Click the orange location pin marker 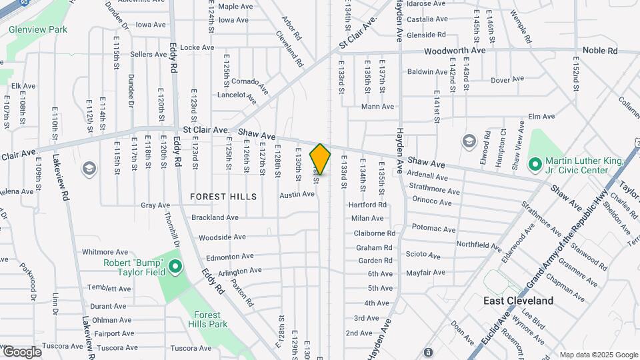(x=320, y=159)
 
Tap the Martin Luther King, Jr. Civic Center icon (x=534, y=163)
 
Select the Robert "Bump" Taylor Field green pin (x=175, y=268)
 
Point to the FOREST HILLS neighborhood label (x=223, y=197)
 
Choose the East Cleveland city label (x=518, y=301)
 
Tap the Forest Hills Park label (x=211, y=319)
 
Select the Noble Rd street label (x=600, y=51)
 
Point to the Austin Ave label (x=297, y=195)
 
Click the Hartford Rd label (x=367, y=205)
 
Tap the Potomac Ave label (x=433, y=229)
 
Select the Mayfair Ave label (x=425, y=273)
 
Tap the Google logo (x=22, y=351)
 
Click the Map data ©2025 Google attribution (x=598, y=355)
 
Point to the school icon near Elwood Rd (x=469, y=141)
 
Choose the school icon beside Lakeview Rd (x=88, y=169)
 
